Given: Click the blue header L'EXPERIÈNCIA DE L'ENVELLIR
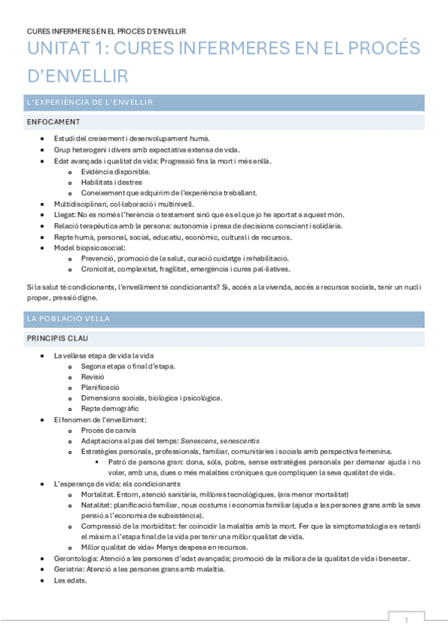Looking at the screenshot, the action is click(x=90, y=103).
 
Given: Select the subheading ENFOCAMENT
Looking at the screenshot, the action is click(x=53, y=121).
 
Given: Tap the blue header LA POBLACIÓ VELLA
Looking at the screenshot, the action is click(x=68, y=319).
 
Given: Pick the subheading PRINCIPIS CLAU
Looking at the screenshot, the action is click(x=57, y=338).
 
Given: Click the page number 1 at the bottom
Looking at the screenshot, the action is click(x=406, y=620).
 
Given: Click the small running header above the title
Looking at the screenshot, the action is click(x=106, y=31).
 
